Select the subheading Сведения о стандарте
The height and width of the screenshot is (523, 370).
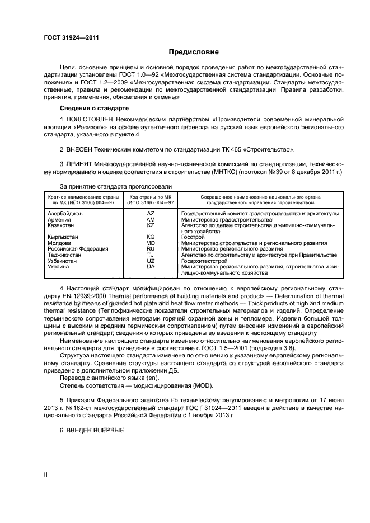[94, 107]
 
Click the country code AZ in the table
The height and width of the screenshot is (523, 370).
[151, 214]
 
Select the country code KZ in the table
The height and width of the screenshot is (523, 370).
[151, 225]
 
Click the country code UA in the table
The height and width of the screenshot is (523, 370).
[151, 267]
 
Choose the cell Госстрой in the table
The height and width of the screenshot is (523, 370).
[193, 237]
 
